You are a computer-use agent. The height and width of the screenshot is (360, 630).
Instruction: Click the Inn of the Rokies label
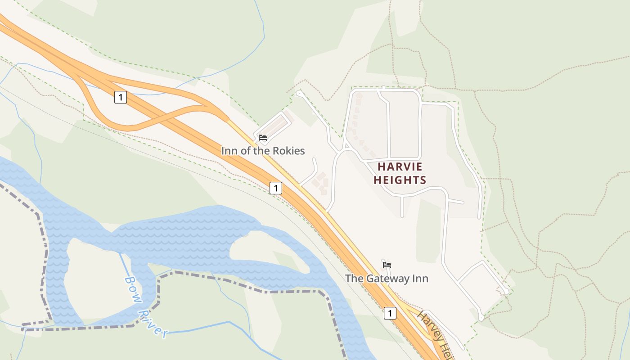point(263,151)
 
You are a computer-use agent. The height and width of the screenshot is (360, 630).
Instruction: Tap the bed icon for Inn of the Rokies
point(263,138)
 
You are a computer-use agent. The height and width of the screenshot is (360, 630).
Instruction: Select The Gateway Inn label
point(387,279)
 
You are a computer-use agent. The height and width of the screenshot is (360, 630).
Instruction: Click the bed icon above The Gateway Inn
point(387,265)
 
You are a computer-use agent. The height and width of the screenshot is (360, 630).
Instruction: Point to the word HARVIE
point(400,166)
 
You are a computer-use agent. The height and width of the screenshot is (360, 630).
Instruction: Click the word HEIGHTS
point(400,180)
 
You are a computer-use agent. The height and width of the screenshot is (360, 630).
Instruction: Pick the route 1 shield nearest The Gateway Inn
point(390,313)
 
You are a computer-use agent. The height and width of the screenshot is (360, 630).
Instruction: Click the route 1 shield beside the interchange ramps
point(120,97)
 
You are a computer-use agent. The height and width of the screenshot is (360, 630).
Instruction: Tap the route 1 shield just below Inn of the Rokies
point(276,188)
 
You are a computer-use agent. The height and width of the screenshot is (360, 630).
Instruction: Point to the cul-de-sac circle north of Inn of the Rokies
point(298,93)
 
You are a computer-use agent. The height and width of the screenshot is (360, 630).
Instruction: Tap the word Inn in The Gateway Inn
point(419,279)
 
